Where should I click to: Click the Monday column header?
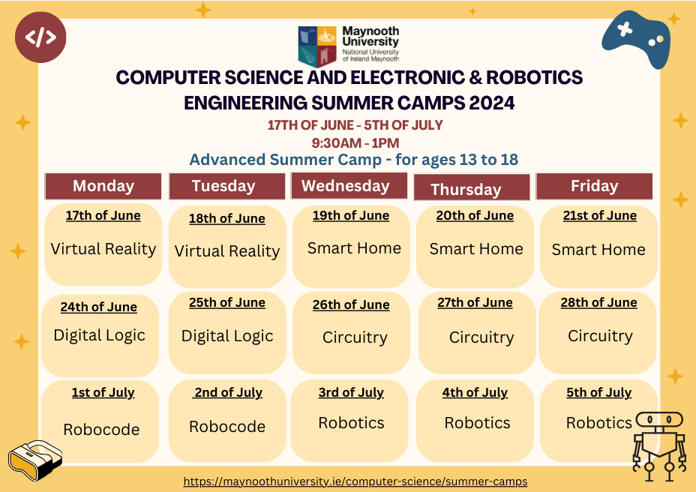[103, 186]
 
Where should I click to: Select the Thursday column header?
[472, 187]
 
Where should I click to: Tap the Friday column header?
[594, 186]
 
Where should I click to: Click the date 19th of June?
[351, 216]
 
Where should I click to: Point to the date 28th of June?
[598, 303]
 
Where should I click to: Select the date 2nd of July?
[229, 393]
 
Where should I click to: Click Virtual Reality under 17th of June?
[103, 249]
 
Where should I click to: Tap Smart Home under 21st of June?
[598, 250]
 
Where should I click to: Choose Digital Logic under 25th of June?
[227, 337]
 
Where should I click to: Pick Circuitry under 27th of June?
[481, 337]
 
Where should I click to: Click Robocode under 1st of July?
[102, 430]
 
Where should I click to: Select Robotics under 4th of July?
[477, 423]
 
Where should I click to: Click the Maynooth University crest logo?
[317, 46]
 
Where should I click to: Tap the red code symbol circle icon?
[40, 37]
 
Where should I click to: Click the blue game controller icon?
[637, 39]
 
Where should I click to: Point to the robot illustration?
[659, 446]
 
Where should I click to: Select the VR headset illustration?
[35, 460]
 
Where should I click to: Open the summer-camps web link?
[355, 481]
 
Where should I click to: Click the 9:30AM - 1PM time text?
[355, 143]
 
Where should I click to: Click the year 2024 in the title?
[492, 103]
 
